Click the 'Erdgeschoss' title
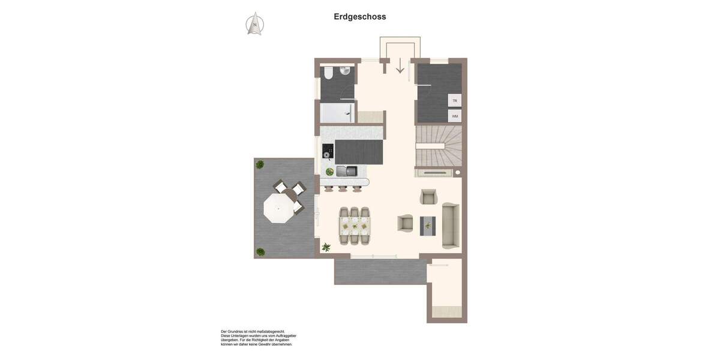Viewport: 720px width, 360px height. tap(360, 17)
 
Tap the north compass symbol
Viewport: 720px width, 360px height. tap(255, 24)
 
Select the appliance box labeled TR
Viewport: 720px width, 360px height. tap(455, 101)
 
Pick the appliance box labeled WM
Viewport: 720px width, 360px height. tap(455, 116)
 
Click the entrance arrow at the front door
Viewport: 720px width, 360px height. tap(400, 65)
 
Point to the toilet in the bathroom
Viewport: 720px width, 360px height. tap(328, 73)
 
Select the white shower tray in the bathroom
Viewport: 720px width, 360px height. tap(338, 113)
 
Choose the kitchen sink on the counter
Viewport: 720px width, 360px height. tap(346, 172)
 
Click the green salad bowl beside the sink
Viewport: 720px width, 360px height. tap(329, 172)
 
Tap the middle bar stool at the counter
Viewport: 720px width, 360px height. tap(343, 188)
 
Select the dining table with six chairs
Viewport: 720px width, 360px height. tap(355, 226)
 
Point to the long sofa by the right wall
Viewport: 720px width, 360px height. tap(451, 226)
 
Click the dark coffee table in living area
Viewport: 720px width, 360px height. tap(428, 226)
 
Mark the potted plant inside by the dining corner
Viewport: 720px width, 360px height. tap(326, 247)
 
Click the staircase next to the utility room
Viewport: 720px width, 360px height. tap(439, 145)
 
